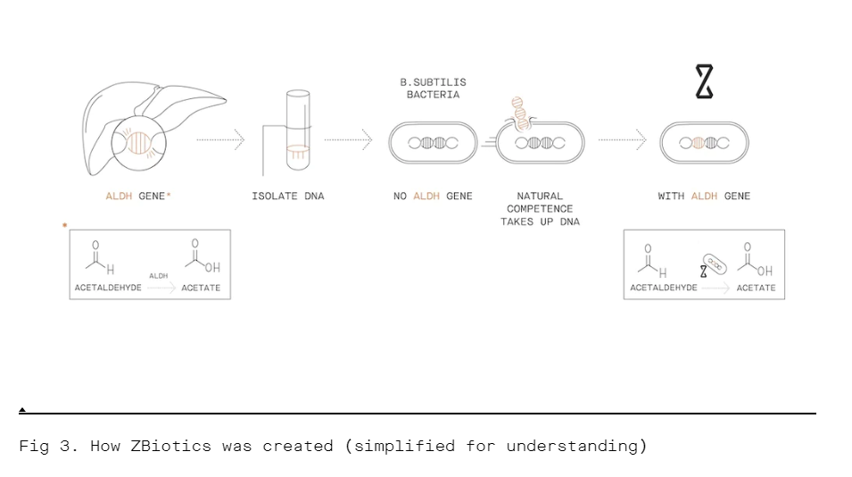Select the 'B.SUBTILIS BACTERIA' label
coord(433,88)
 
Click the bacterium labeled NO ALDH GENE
coord(433,143)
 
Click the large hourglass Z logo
coord(704,82)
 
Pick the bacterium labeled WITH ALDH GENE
coord(704,143)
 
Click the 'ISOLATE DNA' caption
coord(287,197)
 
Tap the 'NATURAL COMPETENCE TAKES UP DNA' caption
coord(540,209)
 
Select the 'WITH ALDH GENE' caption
coord(704,197)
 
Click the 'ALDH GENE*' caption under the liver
coord(137,197)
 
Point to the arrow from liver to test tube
coord(219,139)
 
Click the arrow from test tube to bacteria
coord(348,139)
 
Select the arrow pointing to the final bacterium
coord(622,139)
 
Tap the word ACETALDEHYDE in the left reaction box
coord(108,288)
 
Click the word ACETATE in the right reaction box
coord(756,288)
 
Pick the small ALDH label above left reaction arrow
coord(158,276)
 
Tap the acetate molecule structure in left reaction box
coord(202,257)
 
